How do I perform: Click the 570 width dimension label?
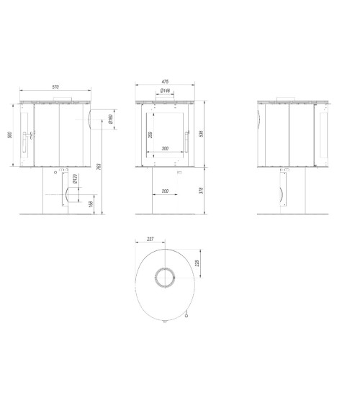click(55, 87)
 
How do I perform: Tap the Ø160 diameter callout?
click(110, 119)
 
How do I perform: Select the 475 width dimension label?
click(166, 83)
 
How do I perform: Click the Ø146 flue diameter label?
click(165, 91)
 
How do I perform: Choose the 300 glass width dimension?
click(166, 149)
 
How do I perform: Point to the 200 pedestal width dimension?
click(166, 191)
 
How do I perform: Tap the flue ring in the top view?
click(166, 277)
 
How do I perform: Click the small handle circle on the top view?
click(186, 314)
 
